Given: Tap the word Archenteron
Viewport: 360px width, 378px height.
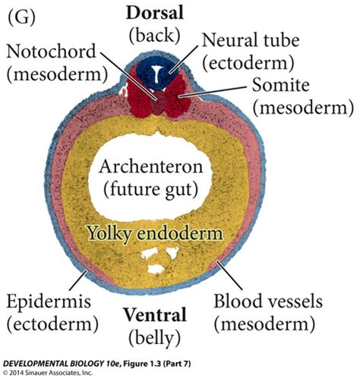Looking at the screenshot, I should pyautogui.click(x=163, y=165).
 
